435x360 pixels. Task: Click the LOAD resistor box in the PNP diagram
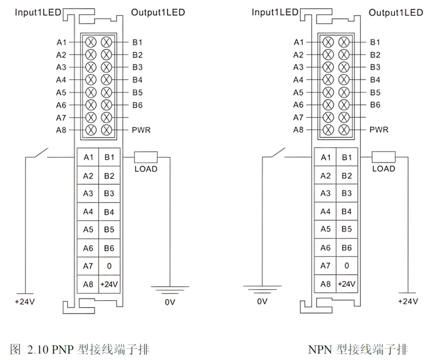(x=146, y=157)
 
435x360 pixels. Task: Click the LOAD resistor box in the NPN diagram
(x=383, y=157)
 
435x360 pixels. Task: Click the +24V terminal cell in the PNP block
(x=108, y=285)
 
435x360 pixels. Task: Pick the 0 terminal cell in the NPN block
(x=346, y=266)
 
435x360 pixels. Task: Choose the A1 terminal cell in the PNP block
(x=88, y=157)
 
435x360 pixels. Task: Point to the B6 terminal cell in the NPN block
(x=346, y=248)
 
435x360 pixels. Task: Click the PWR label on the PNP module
(x=141, y=130)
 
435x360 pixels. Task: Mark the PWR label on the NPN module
(x=379, y=130)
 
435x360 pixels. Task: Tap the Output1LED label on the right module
(x=396, y=12)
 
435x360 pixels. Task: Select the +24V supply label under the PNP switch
(x=24, y=302)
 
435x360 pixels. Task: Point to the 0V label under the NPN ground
(x=262, y=302)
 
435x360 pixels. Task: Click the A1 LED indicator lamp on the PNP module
(x=91, y=42)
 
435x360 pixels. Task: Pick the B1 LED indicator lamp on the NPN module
(x=344, y=42)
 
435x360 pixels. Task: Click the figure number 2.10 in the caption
(x=38, y=349)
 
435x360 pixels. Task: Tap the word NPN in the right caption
(x=321, y=349)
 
